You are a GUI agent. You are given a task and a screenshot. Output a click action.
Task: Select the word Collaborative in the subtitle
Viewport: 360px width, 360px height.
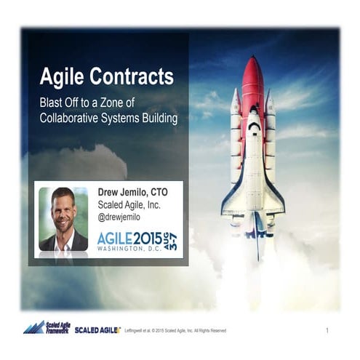(x=71, y=117)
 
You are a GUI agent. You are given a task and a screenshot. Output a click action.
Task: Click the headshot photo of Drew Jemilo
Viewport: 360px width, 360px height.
(x=63, y=219)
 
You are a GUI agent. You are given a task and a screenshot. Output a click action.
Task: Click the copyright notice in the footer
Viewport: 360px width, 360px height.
(x=175, y=331)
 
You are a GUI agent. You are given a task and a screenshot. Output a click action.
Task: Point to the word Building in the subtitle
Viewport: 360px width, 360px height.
(x=158, y=117)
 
